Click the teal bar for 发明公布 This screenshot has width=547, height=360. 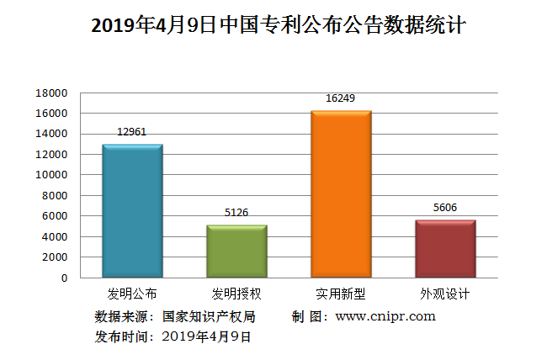tap(132, 210)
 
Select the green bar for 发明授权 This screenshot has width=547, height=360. tap(236, 251)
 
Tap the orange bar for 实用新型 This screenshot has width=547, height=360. tap(341, 193)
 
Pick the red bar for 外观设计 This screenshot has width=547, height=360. tap(445, 248)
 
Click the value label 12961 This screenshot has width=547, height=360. tap(132, 132)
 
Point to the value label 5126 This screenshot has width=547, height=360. tap(236, 213)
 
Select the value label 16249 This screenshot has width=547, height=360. tap(341, 98)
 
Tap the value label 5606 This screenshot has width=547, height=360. tap(445, 208)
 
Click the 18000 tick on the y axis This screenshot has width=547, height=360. tap(51, 93)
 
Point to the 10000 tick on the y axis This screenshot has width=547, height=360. tap(51, 175)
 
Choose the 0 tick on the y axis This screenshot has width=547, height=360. tap(63, 278)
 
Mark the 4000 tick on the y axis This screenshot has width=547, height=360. tap(55, 236)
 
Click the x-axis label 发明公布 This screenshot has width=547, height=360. tap(132, 294)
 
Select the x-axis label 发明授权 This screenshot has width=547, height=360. tap(236, 294)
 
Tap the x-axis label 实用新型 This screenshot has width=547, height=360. tap(341, 294)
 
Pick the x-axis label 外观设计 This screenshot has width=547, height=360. tap(445, 294)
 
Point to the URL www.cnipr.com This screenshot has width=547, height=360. tap(385, 317)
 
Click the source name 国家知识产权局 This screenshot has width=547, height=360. tap(208, 317)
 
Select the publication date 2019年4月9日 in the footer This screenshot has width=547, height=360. tap(206, 336)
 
